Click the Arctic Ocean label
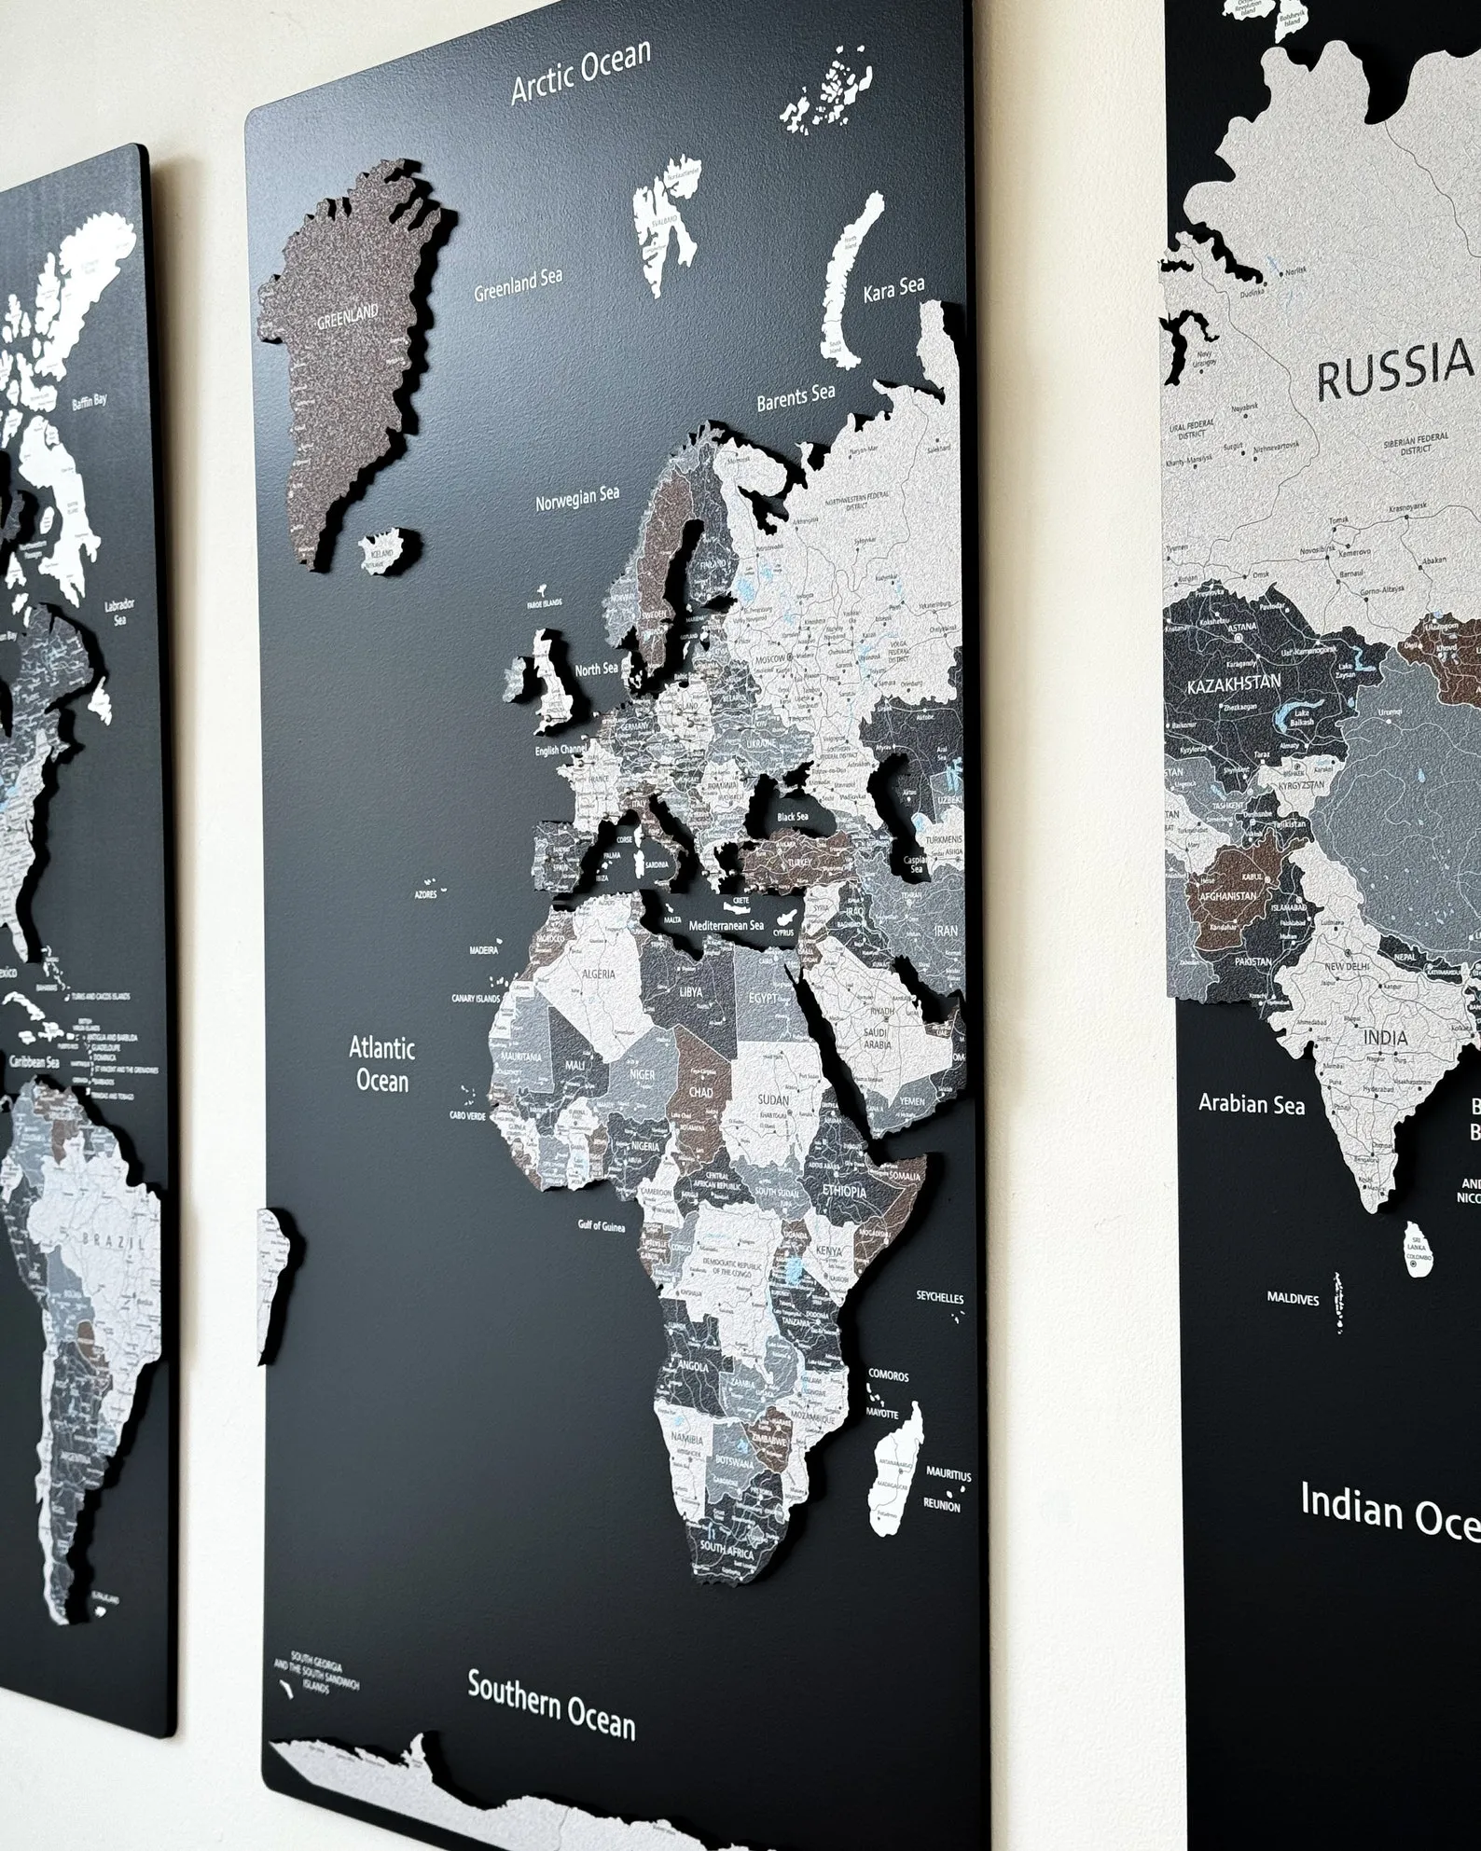pyautogui.click(x=580, y=73)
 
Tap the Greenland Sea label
pyautogui.click(x=518, y=284)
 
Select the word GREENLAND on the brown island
pyautogui.click(x=347, y=317)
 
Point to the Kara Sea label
pyautogui.click(x=893, y=290)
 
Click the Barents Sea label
pyautogui.click(x=795, y=396)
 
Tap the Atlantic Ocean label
pyautogui.click(x=381, y=1063)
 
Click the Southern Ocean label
pyautogui.click(x=550, y=1705)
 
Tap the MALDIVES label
pyautogui.click(x=1293, y=1298)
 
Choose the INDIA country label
pyautogui.click(x=1385, y=1038)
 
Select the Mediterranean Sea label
pyautogui.click(x=726, y=926)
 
